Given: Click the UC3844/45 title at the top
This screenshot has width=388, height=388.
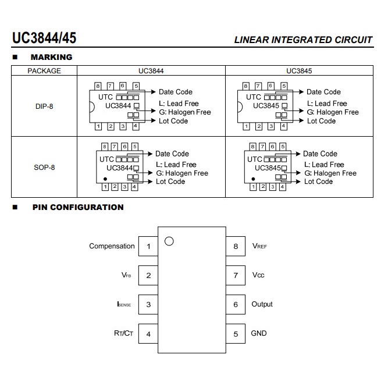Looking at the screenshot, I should tap(44, 38).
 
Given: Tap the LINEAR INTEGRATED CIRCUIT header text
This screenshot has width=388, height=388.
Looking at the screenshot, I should tap(302, 40).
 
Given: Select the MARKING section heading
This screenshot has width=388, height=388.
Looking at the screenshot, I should tap(51, 57).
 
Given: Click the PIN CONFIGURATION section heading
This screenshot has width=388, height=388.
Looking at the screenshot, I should tap(77, 207).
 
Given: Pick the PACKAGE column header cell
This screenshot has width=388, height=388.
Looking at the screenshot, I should tap(44, 71).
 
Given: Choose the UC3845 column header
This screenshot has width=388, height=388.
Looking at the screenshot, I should tap(298, 71).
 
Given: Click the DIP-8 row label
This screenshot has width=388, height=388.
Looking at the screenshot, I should tap(44, 106).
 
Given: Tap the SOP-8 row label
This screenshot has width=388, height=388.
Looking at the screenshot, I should tap(44, 168).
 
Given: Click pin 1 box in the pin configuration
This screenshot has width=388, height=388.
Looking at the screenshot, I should tap(148, 246).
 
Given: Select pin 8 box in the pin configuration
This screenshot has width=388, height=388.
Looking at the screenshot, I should tap(236, 246).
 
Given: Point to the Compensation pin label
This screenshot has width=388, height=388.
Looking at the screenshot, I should tap(112, 246).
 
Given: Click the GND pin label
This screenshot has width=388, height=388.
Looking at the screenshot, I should tap(259, 333).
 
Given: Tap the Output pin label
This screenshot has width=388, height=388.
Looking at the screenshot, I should tap(262, 304).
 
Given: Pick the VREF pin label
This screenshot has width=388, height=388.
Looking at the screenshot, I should tap(259, 246).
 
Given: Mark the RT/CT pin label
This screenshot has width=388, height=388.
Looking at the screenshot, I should tap(123, 334).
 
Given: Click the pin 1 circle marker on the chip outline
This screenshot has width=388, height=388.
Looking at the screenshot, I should tap(169, 241).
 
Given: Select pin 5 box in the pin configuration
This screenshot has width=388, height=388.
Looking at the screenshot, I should tap(236, 334).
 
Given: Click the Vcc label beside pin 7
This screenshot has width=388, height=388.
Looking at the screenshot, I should tap(258, 275).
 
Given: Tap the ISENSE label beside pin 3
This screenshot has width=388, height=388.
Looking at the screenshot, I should tap(124, 304).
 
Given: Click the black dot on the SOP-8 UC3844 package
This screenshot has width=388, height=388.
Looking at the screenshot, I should tap(105, 178).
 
